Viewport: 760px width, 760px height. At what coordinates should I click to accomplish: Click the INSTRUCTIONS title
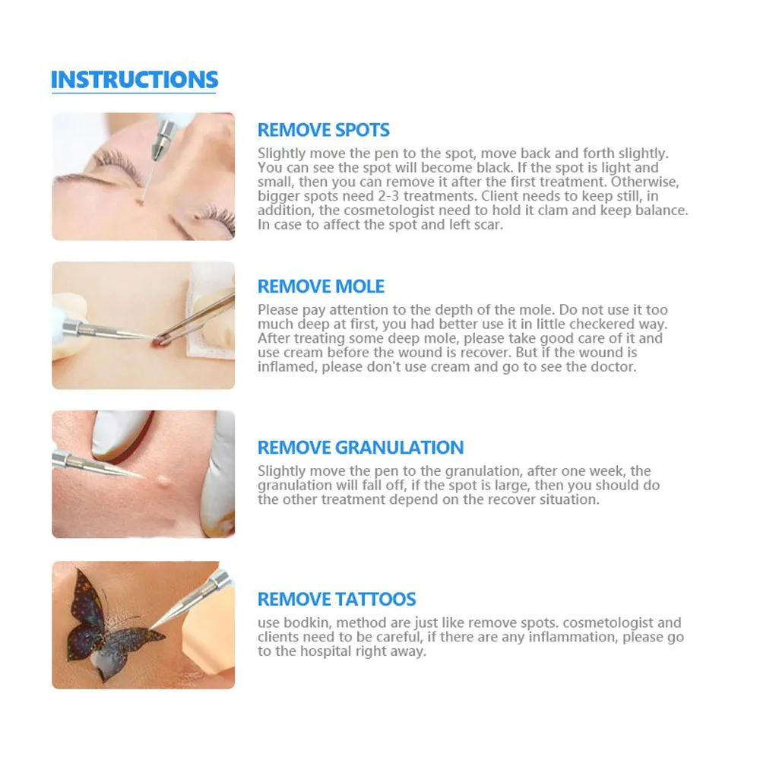tap(135, 80)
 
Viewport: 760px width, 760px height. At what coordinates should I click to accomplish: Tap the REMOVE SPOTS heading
tap(323, 130)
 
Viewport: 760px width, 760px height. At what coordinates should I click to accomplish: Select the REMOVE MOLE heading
tap(321, 287)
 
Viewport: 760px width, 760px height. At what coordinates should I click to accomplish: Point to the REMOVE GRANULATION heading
tap(360, 448)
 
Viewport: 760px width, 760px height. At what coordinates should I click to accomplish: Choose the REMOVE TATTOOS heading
tap(337, 599)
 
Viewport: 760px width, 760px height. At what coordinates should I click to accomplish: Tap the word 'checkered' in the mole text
tap(561, 325)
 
